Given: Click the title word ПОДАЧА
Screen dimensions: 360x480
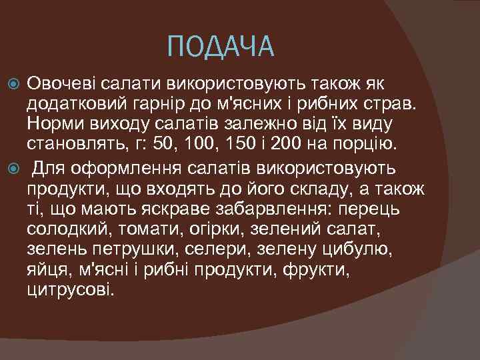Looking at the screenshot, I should tap(221, 47).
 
